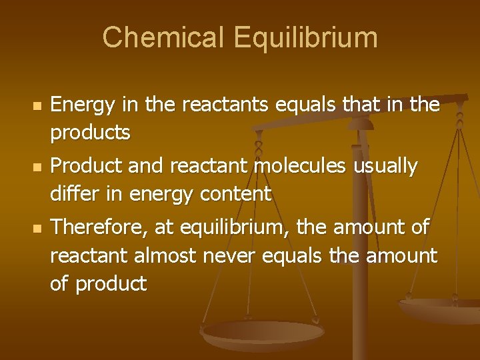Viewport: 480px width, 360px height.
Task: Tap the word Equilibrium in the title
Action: pyautogui.click(x=305, y=37)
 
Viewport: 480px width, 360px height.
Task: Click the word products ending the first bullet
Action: pyautogui.click(x=90, y=133)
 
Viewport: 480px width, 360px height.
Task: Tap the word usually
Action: pyautogui.click(x=383, y=165)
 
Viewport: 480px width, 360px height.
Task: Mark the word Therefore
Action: pyautogui.click(x=99, y=227)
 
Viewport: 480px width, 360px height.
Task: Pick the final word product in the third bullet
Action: pyautogui.click(x=111, y=284)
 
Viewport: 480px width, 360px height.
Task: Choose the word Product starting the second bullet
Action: pyautogui.click(x=83, y=165)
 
